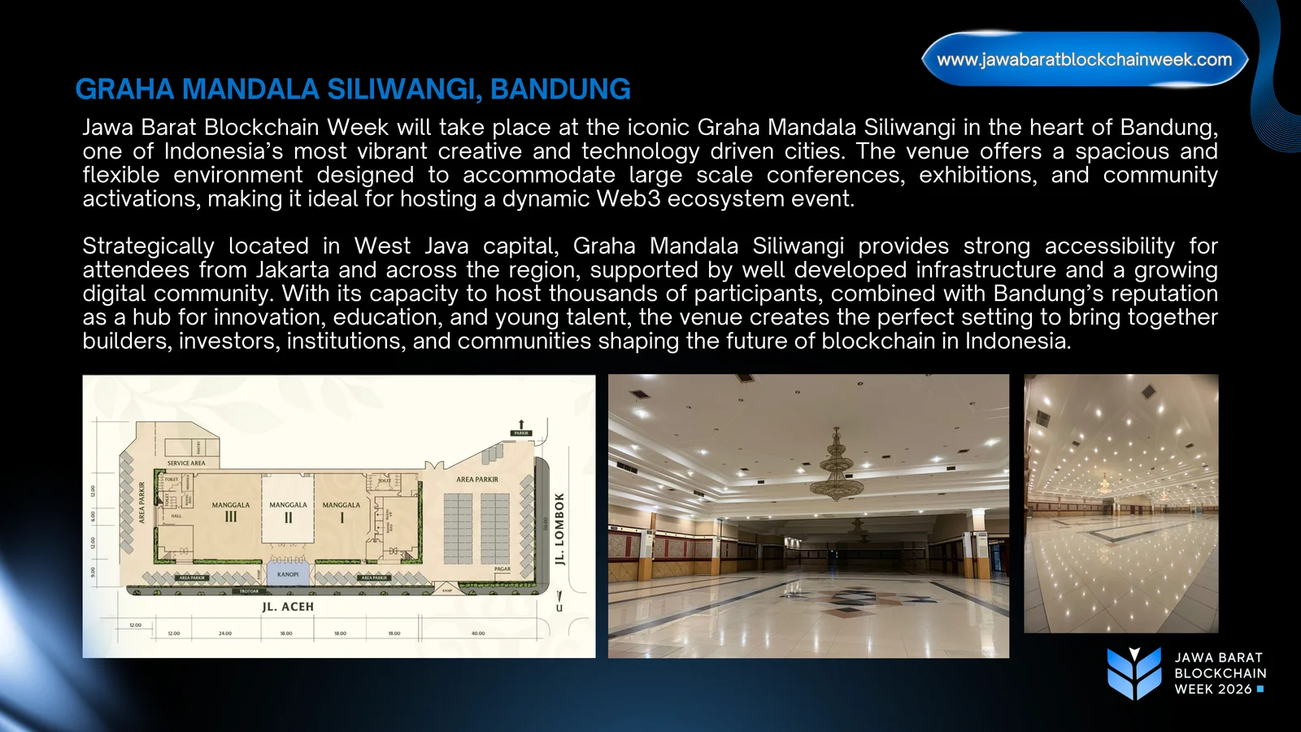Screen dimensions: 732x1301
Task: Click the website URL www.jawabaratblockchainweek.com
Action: pos(1084,59)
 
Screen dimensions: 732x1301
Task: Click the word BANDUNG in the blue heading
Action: pos(560,89)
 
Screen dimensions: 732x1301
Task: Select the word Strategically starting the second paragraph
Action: pos(148,246)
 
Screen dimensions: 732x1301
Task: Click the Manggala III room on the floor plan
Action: pos(231,512)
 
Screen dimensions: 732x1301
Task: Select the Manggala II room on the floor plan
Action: pos(288,512)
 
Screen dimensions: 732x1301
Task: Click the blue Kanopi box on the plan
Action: pos(288,574)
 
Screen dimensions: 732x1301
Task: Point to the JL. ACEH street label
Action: pos(288,607)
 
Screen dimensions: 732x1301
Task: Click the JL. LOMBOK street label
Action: pos(559,529)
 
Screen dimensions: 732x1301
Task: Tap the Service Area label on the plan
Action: pos(186,463)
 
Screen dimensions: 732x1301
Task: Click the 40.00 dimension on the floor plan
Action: pos(478,633)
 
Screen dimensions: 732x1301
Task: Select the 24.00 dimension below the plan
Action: pos(225,633)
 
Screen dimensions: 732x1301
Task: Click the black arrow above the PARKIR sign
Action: pos(521,425)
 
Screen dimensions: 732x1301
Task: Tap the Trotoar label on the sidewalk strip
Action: pos(249,591)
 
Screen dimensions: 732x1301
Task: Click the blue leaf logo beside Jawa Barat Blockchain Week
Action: pos(1134,673)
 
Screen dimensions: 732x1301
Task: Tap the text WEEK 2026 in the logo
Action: pos(1213,689)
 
